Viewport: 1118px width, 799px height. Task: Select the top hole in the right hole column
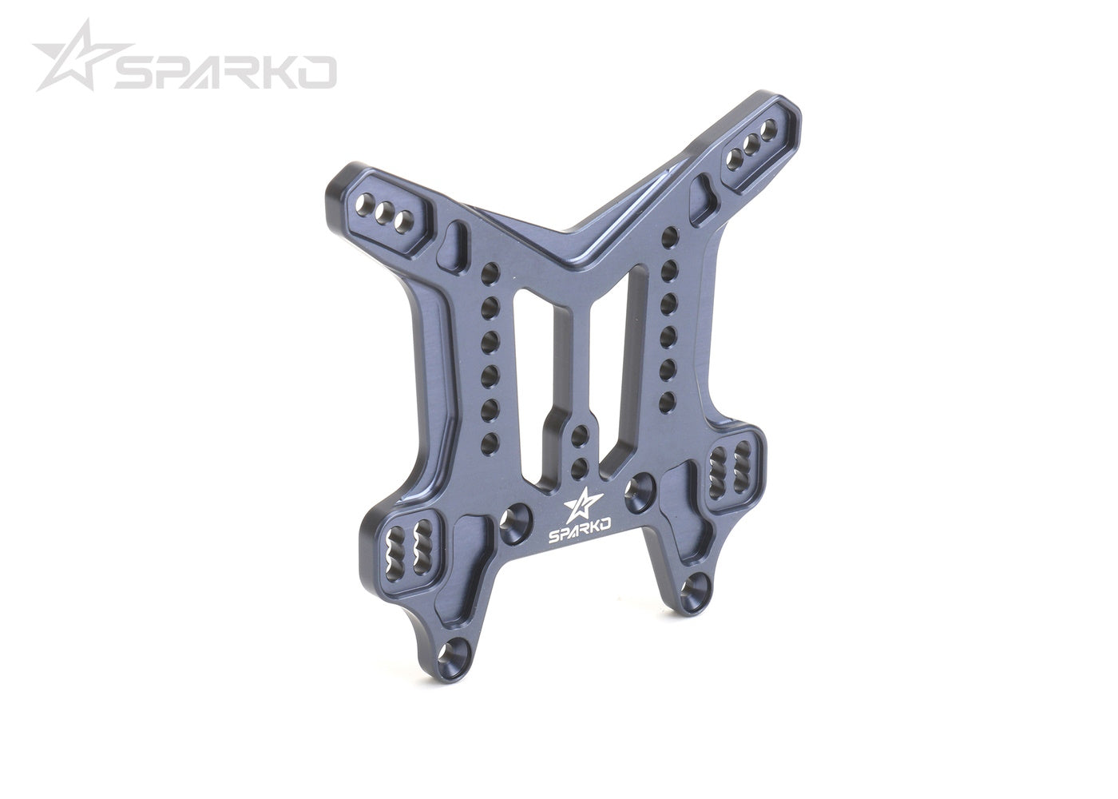pyautogui.click(x=671, y=235)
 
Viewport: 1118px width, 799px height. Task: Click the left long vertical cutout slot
pyautogui.click(x=529, y=384)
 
